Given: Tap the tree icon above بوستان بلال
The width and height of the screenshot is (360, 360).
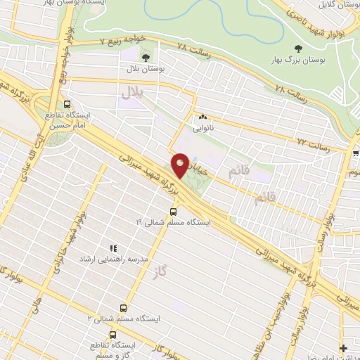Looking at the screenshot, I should tap(146, 57).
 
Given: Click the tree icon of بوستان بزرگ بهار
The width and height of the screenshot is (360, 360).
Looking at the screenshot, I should tap(297, 48).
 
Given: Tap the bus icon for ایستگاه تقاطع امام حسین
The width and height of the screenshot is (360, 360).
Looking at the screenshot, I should tap(55, 103).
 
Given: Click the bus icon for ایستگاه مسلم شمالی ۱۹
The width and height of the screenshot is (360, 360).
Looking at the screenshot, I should tap(173, 211).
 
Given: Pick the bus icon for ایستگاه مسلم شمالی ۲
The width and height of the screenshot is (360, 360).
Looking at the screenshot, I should tap(124, 308).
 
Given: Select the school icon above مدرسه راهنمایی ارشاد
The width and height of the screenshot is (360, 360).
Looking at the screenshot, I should tap(112, 247).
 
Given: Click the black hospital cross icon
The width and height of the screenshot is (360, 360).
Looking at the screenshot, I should tap(343, 348).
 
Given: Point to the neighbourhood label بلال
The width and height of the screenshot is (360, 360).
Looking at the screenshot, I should tap(131, 92).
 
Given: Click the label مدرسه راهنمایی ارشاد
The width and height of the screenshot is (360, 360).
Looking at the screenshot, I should tap(117, 259).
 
